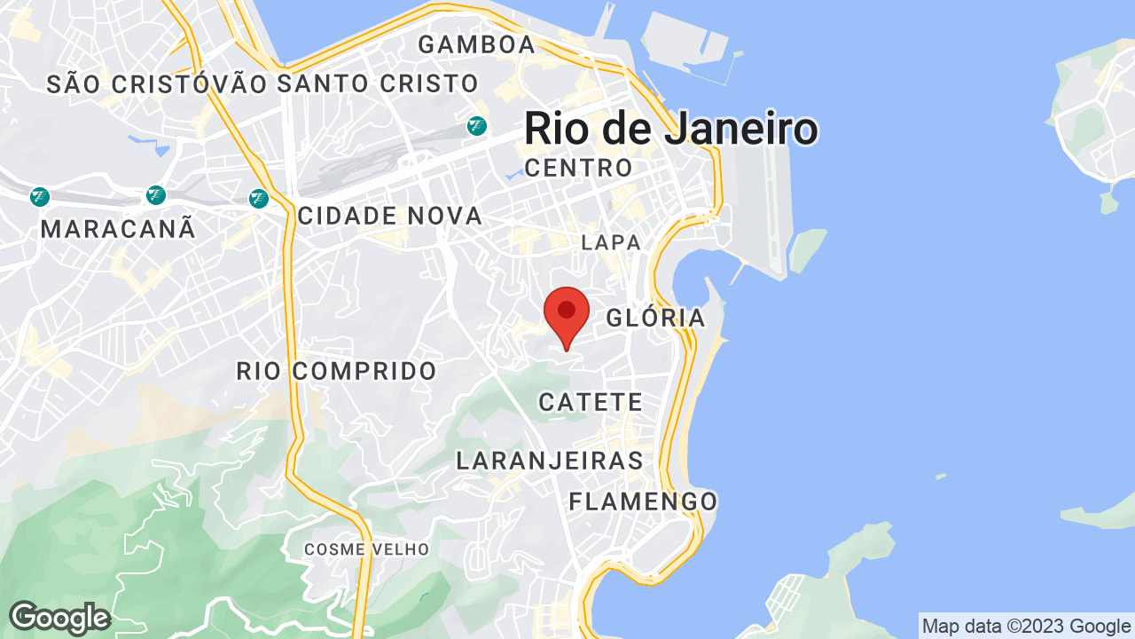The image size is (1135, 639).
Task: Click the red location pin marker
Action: (x=567, y=313)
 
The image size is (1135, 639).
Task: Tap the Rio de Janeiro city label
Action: (x=670, y=129)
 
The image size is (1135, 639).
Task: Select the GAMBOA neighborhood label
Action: (x=477, y=44)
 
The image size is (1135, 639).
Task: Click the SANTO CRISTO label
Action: (x=378, y=84)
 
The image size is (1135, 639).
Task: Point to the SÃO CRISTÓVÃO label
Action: (x=157, y=84)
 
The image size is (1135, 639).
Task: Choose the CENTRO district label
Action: (x=579, y=168)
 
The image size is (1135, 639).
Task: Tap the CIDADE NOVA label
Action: (x=390, y=216)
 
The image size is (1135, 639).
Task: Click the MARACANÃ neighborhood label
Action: (x=118, y=229)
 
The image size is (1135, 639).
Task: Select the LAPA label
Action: (x=611, y=242)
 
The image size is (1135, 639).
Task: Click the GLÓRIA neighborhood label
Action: (x=655, y=318)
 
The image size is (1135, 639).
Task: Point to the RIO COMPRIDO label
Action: (x=337, y=371)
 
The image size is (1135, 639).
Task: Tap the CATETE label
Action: (x=591, y=402)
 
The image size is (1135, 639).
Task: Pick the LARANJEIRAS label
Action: (x=550, y=461)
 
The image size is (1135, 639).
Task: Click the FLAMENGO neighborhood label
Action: (x=643, y=501)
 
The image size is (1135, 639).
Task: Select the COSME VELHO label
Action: (x=366, y=549)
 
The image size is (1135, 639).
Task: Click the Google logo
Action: (x=59, y=618)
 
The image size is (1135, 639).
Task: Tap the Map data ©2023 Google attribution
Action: (x=1027, y=627)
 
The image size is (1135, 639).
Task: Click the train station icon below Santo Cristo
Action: (x=477, y=127)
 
